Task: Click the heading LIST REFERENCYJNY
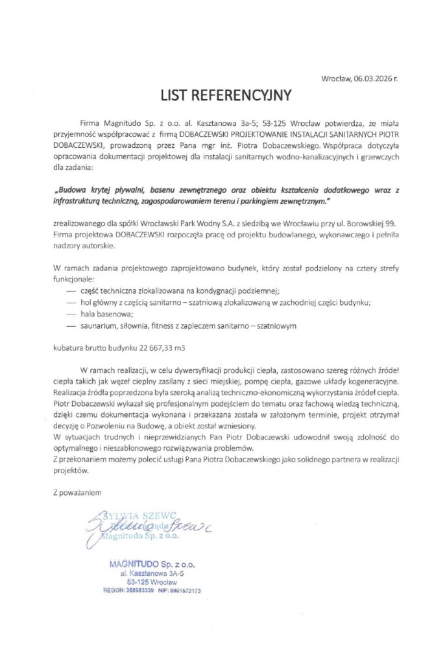[222, 95]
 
